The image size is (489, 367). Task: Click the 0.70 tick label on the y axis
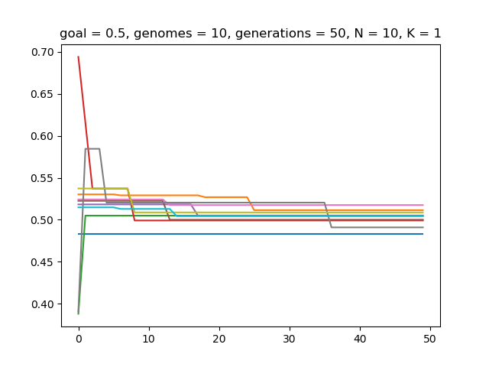[x=42, y=52]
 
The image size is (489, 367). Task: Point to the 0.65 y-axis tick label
[x=42, y=94]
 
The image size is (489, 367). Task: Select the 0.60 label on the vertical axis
[x=42, y=136]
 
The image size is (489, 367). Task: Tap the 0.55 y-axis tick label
[x=42, y=178]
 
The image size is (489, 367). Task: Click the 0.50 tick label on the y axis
[x=42, y=220]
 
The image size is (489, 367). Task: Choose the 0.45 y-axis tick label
[x=42, y=262]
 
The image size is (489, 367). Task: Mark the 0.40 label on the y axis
[x=42, y=304]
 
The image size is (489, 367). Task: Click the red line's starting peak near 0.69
[x=79, y=57]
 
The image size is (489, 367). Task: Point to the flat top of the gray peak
[x=92, y=148]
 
